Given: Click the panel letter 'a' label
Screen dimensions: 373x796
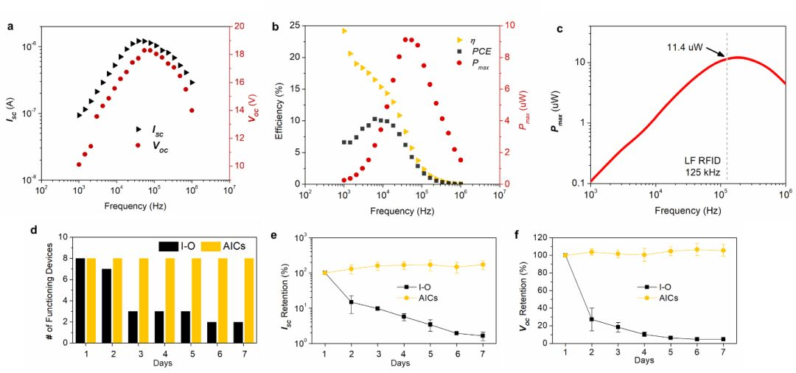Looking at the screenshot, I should pos(10,27).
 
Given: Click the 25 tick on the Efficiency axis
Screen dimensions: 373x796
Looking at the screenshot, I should pos(291,26).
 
